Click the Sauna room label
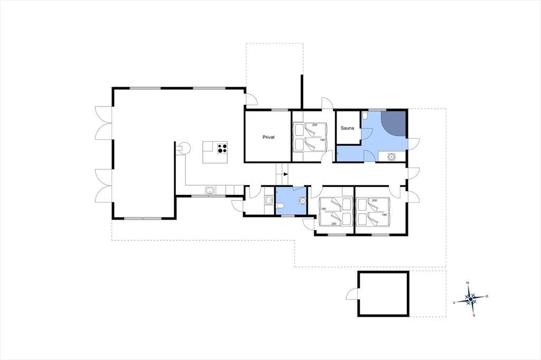tap(347, 128)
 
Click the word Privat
tap(268, 137)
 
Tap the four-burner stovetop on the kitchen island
tap(222, 149)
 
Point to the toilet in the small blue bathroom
tap(280, 206)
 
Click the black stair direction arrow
tap(285, 174)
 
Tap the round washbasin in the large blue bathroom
tap(391, 157)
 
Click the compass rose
tap(471, 299)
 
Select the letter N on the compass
tap(468, 283)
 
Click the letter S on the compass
tap(474, 315)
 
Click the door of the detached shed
tap(352, 293)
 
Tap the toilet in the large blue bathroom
tap(365, 115)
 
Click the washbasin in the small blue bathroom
tap(302, 200)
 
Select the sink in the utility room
tap(268, 201)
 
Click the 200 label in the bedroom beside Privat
tap(314, 125)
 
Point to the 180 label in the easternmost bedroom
tap(385, 214)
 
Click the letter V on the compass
tap(454, 302)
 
